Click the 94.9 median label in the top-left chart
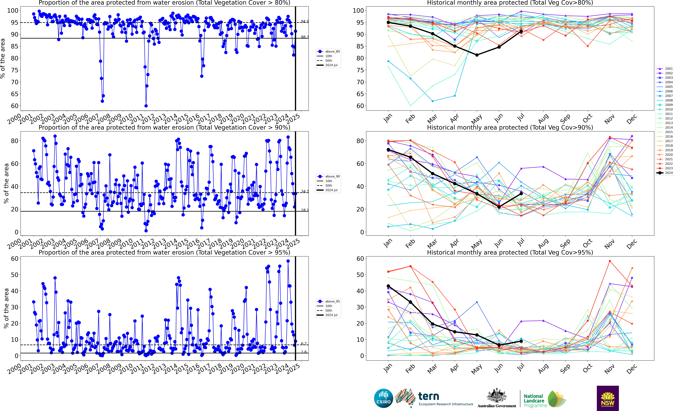pos(304,21)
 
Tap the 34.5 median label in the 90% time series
pos(304,191)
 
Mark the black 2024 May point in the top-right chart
pos(477,55)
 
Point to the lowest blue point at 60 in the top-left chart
pos(146,106)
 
